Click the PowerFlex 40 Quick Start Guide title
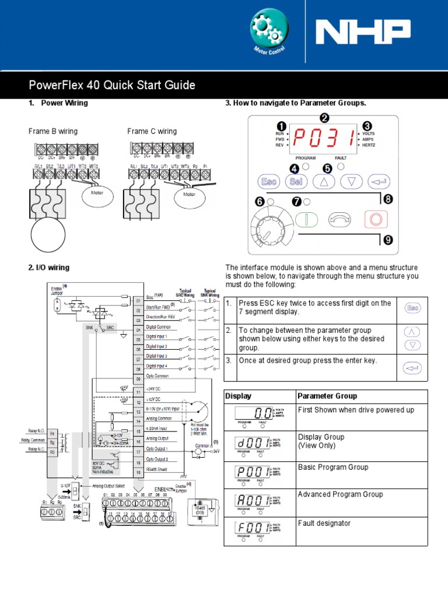point(112,86)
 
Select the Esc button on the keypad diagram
point(269,181)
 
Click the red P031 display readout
point(324,138)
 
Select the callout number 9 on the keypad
point(388,239)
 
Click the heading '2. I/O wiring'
point(49,268)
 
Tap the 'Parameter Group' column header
point(327,396)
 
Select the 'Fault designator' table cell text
point(324,523)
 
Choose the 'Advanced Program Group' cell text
point(340,494)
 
